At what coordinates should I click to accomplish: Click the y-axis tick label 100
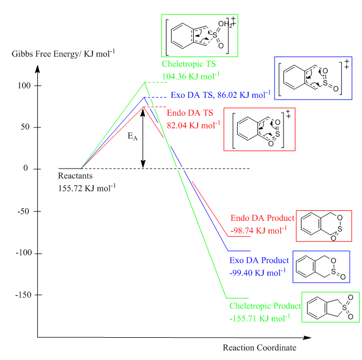[24, 86]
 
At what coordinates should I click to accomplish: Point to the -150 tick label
[23, 295]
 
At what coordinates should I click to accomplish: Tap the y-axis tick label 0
[26, 168]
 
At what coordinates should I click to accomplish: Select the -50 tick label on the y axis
[23, 211]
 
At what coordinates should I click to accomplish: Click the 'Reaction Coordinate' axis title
[260, 348]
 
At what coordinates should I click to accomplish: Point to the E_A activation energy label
[133, 136]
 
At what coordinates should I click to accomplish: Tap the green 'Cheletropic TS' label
[189, 64]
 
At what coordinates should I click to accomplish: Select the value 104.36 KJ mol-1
[190, 76]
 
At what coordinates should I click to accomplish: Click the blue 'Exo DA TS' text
[192, 95]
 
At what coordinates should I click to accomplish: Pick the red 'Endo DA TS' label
[190, 113]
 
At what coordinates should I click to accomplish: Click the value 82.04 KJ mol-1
[193, 125]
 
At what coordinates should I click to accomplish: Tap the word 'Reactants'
[75, 176]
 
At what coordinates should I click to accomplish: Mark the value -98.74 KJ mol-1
[258, 230]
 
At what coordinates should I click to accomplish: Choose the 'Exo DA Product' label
[259, 260]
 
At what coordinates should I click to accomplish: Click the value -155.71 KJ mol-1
[260, 318]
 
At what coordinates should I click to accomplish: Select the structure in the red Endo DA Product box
[321, 226]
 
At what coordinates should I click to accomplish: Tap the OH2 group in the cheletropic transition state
[225, 24]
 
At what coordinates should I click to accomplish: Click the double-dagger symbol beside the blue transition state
[346, 64]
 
